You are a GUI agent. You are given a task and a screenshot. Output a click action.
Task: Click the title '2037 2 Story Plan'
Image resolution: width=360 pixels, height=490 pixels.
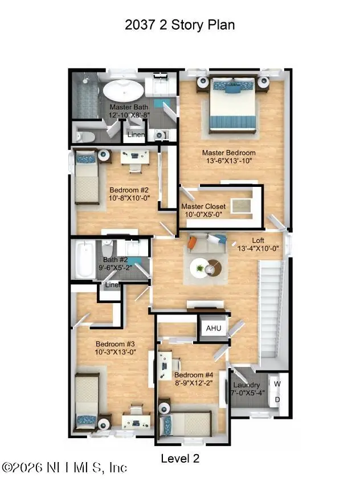pos(179,24)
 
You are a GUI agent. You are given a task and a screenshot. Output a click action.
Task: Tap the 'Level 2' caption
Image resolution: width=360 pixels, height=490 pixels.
pos(180,458)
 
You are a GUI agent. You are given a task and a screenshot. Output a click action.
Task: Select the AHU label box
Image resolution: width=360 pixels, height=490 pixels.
pos(213,329)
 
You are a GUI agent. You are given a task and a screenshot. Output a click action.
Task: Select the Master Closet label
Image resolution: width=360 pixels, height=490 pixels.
pos(203,206)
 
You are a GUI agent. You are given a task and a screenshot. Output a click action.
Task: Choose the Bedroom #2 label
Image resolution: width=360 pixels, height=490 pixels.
pos(129,190)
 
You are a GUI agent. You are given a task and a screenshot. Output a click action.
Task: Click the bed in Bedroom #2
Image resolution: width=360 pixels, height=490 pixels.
pos(86,176)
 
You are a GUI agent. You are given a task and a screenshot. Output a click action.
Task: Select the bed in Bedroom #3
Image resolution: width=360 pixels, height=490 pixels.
pos(87,401)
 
